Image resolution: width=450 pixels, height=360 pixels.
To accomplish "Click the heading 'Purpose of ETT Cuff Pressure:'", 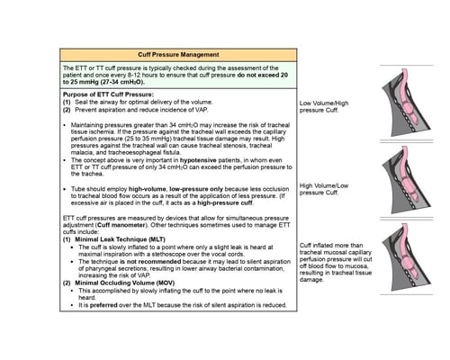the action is (x=107, y=94).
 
